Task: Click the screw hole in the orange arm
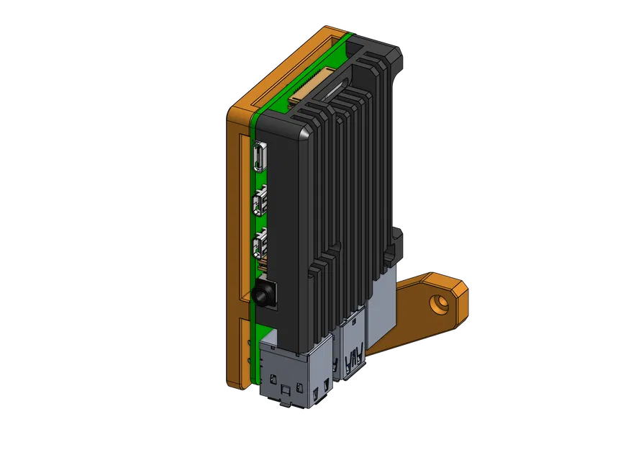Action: coord(436,302)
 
